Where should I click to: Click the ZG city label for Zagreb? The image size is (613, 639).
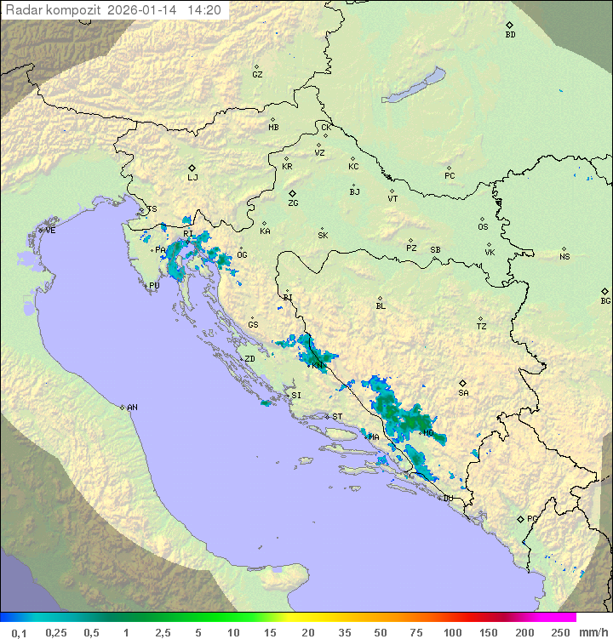(x=293, y=203)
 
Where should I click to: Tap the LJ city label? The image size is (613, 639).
(x=192, y=178)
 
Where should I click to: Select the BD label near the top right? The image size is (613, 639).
(x=510, y=35)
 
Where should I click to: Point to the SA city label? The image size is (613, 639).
(x=463, y=393)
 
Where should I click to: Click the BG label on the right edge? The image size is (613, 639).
(x=605, y=300)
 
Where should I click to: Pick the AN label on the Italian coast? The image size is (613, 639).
(x=132, y=408)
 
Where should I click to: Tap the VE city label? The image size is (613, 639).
(x=50, y=231)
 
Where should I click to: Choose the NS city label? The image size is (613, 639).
(x=564, y=257)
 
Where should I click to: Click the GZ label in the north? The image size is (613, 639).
(x=257, y=75)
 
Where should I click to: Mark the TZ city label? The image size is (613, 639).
(x=482, y=327)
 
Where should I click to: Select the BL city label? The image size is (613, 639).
(x=381, y=306)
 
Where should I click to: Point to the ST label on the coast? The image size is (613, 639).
(x=337, y=417)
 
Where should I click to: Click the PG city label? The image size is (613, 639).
(x=532, y=519)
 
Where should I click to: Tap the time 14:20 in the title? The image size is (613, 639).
(x=205, y=10)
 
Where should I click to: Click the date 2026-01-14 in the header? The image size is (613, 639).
(x=145, y=10)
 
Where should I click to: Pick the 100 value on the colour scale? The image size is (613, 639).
(x=452, y=631)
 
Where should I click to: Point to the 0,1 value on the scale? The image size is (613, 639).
(x=19, y=631)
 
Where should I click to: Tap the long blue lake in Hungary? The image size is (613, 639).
(x=413, y=87)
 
